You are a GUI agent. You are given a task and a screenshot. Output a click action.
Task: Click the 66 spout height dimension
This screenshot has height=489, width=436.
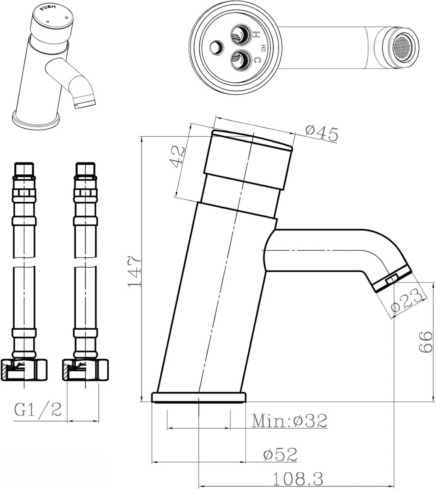(x=425, y=341)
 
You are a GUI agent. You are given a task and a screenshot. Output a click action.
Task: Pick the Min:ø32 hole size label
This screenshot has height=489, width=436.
(x=289, y=421)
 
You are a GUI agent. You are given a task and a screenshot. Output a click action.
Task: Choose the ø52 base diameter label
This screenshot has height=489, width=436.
(x=280, y=454)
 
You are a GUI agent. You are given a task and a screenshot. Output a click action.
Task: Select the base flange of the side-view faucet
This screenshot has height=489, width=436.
(x=199, y=397)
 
